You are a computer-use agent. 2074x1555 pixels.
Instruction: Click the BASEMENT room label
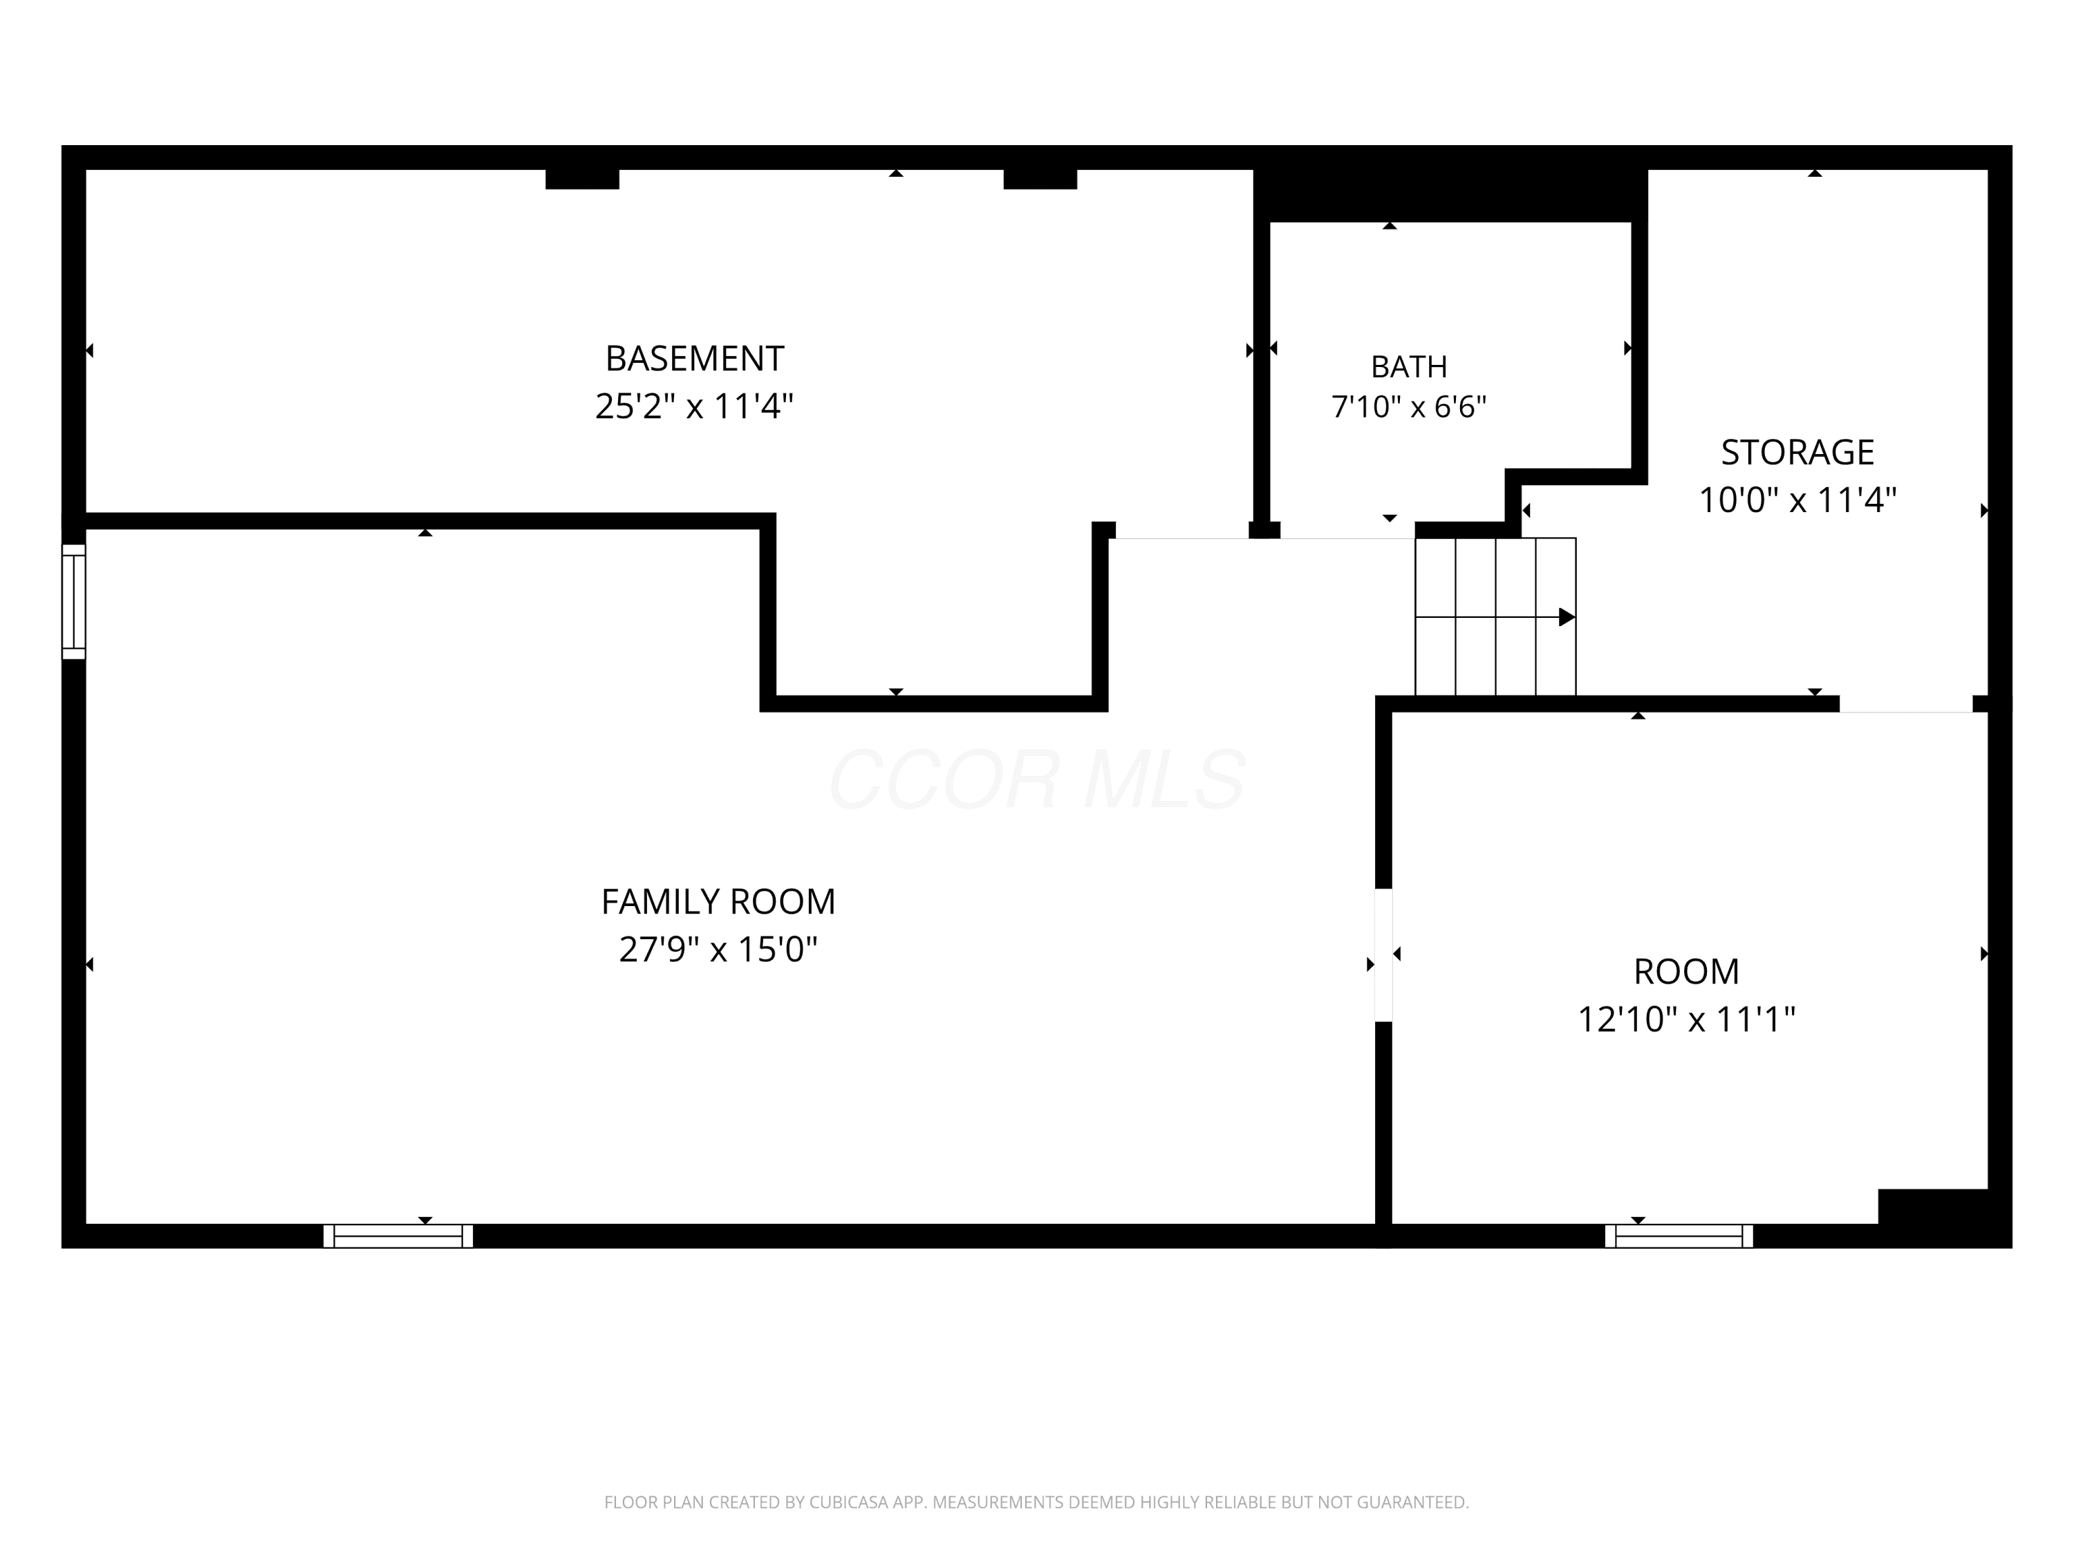(694, 358)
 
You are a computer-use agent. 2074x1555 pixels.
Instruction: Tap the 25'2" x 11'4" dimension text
(694, 406)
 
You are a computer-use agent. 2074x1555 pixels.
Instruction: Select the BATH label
(1408, 366)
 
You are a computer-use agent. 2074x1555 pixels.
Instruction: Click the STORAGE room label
(1797, 453)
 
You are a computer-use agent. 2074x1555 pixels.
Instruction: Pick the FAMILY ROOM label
(718, 902)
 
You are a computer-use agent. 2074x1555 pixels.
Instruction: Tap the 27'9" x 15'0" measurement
(718, 950)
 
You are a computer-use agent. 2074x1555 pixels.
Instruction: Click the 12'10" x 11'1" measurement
(1686, 1019)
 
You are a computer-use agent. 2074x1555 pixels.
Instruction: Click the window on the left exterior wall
(74, 602)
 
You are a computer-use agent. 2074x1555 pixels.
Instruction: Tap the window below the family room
(398, 1236)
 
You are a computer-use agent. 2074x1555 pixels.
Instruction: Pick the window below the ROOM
(1679, 1236)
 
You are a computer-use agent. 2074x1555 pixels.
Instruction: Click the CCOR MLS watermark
(1037, 779)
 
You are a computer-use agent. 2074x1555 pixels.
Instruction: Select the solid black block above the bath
(1450, 196)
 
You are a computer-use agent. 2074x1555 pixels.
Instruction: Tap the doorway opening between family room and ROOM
(1383, 955)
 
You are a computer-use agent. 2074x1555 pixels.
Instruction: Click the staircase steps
(1495, 616)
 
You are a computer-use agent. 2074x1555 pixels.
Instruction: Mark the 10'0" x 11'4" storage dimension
(1797, 500)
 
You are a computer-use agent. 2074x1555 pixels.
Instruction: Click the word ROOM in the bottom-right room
(1686, 971)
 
